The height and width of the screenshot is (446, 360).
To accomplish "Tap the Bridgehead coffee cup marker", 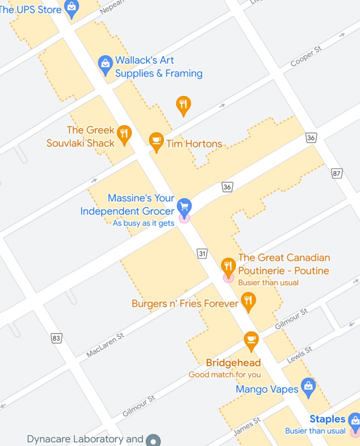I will click(x=251, y=340).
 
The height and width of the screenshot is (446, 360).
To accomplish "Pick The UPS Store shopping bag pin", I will click(x=72, y=7).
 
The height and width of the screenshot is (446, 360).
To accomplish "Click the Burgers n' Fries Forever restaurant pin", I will click(x=249, y=301).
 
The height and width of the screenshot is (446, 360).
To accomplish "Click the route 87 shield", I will click(x=337, y=173).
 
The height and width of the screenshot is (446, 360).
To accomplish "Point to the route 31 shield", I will click(x=202, y=254).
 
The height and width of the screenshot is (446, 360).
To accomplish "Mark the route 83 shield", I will click(x=56, y=338).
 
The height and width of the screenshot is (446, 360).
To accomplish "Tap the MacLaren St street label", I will click(x=105, y=345).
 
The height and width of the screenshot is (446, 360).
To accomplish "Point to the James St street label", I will click(x=247, y=426).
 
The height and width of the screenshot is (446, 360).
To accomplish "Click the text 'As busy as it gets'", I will click(x=143, y=223).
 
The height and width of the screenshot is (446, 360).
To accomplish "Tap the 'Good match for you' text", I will click(x=224, y=375).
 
